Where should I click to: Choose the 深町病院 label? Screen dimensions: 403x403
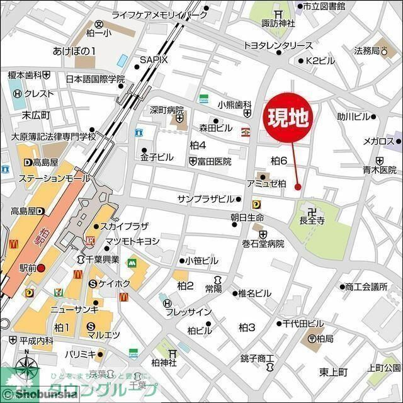166,110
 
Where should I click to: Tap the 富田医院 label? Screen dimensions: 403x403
214,162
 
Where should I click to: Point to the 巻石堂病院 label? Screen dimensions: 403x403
263,244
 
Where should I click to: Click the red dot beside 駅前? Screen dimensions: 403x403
41,268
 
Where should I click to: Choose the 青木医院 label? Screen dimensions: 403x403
379,170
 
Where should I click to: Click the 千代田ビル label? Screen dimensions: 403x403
303,323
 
